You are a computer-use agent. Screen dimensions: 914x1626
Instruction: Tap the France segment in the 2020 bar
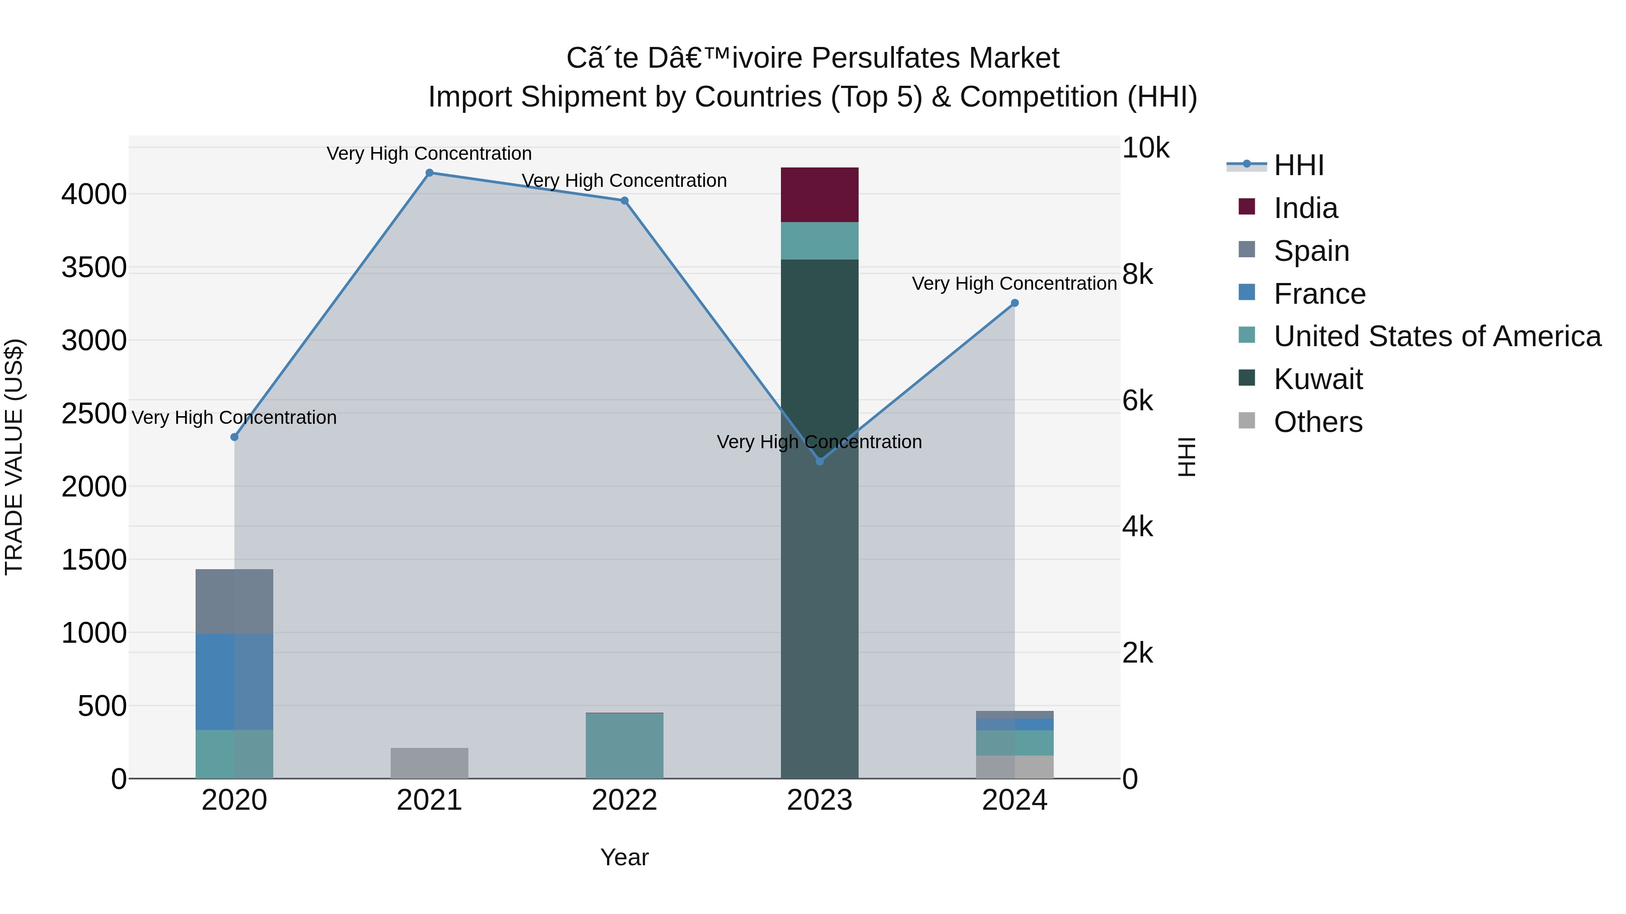[234, 681]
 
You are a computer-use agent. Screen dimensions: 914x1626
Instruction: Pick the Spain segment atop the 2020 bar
[234, 601]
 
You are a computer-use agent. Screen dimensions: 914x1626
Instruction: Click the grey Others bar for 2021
[429, 763]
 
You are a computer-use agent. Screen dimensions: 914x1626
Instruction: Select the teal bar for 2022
[624, 746]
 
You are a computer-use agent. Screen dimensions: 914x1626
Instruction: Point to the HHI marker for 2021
[429, 173]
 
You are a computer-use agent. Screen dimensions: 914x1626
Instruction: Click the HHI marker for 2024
[1014, 303]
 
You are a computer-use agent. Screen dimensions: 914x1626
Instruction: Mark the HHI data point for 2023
[819, 462]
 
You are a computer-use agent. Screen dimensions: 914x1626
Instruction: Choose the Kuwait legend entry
[1318, 379]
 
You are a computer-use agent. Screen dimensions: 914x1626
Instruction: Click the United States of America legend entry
[1437, 336]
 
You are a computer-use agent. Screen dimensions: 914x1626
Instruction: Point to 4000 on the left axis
[94, 194]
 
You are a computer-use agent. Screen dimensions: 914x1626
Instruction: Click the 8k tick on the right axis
[1137, 274]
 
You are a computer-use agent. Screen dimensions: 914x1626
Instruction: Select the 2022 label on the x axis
[624, 800]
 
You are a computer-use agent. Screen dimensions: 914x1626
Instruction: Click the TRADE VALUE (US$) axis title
[14, 457]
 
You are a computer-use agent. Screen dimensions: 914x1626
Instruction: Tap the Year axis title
[624, 857]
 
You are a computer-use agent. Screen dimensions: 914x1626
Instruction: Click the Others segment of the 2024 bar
[1014, 766]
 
